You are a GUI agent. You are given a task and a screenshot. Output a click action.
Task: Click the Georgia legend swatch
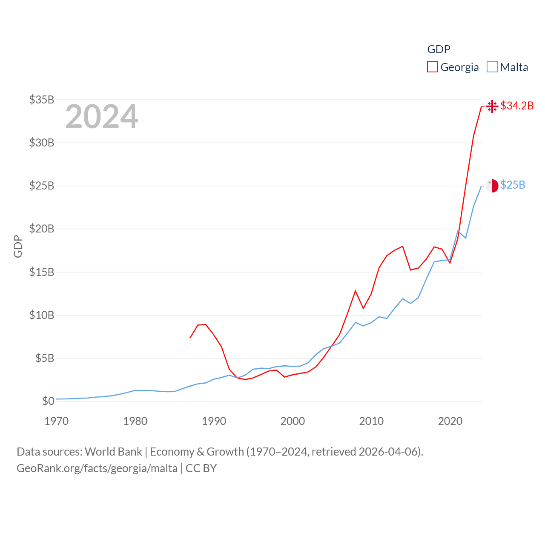433,67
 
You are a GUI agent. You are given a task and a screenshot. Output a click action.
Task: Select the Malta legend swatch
492,67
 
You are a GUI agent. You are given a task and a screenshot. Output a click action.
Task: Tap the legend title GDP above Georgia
439,49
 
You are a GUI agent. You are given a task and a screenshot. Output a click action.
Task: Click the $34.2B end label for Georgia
517,106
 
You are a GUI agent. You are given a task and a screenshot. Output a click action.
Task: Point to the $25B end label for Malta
513,185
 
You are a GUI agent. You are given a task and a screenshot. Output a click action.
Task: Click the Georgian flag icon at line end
492,106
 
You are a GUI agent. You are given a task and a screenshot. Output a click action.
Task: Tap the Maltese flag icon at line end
492,186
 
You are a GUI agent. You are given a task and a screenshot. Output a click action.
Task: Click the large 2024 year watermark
102,117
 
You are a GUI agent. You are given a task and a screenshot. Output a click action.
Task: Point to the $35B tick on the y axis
42,100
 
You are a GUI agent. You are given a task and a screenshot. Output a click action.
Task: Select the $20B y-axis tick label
42,229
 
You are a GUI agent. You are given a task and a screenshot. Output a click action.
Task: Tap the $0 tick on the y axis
48,401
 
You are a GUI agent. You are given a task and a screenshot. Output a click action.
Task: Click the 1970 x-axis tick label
57,421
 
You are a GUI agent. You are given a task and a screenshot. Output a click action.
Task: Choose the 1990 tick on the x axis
214,421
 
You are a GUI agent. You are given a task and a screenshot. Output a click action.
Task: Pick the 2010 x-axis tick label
371,421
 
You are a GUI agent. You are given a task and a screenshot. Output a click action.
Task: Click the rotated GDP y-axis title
18,246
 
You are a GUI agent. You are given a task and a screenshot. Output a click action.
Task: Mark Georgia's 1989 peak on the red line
206,324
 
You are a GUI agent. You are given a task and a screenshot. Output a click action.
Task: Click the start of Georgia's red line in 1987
190,338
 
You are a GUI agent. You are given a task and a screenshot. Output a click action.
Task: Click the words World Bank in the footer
113,452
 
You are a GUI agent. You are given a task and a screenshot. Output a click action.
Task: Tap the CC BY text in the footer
201,468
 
